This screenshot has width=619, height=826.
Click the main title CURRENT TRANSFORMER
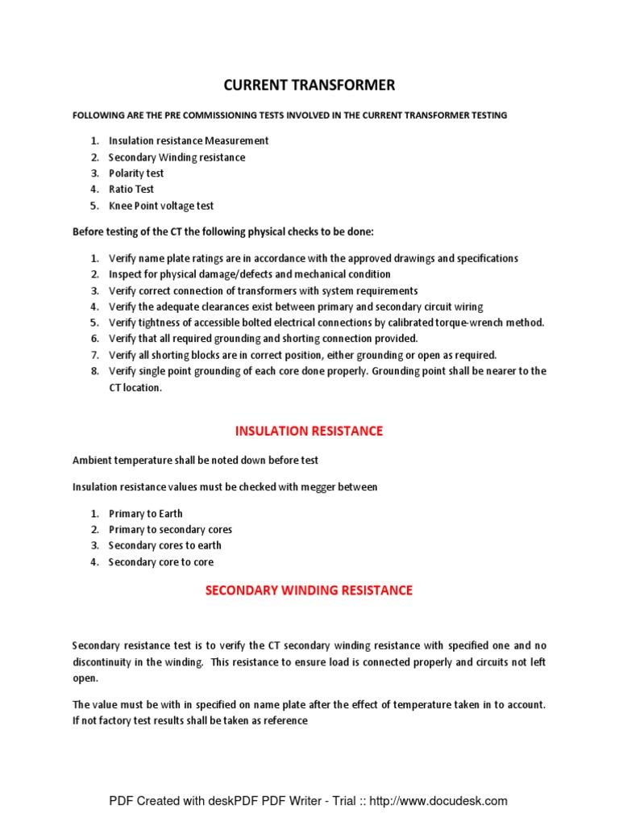point(309,86)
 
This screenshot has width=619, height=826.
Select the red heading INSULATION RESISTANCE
point(309,431)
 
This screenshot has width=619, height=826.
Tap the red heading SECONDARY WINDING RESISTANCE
point(309,590)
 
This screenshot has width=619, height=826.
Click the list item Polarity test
point(136,173)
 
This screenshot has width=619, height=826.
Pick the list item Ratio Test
point(131,190)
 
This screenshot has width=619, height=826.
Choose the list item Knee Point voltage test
point(161,206)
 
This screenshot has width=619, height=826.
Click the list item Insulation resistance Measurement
point(189,141)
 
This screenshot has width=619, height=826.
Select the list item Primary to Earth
point(146,514)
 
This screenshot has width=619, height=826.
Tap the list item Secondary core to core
point(161,562)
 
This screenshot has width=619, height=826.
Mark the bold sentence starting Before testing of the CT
point(223,232)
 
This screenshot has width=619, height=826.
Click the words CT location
point(135,387)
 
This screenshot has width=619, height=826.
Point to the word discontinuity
point(102,662)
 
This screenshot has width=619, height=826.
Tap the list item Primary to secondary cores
point(170,530)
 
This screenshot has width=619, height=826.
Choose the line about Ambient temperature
point(195,461)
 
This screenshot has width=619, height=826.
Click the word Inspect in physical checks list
point(125,274)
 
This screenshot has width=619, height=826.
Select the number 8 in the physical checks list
point(93,371)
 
